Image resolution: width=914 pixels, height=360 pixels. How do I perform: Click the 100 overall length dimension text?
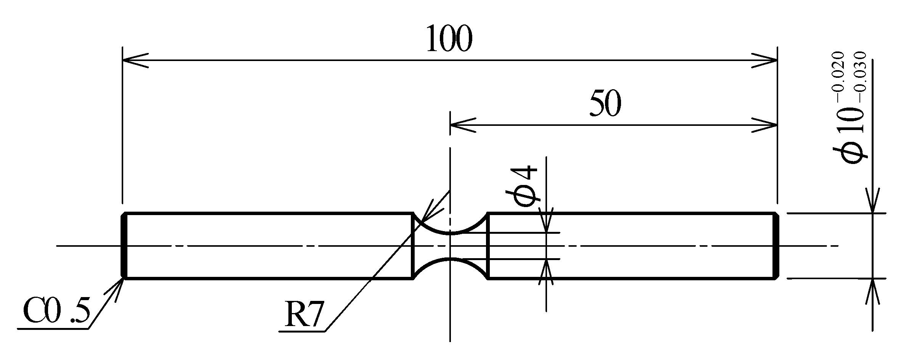pyautogui.click(x=449, y=39)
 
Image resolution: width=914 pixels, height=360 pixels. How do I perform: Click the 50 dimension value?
pyautogui.click(x=605, y=104)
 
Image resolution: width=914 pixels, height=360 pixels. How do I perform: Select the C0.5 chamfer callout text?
pyautogui.click(x=56, y=312)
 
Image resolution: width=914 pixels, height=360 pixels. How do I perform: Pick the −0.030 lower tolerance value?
pyautogui.click(x=859, y=78)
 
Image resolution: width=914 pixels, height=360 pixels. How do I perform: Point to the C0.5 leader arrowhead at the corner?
pyautogui.click(x=121, y=281)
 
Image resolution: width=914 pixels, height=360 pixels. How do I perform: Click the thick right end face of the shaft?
pyautogui.click(x=776, y=246)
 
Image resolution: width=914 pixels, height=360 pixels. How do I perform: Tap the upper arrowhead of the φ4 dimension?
pyautogui.click(x=547, y=221)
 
